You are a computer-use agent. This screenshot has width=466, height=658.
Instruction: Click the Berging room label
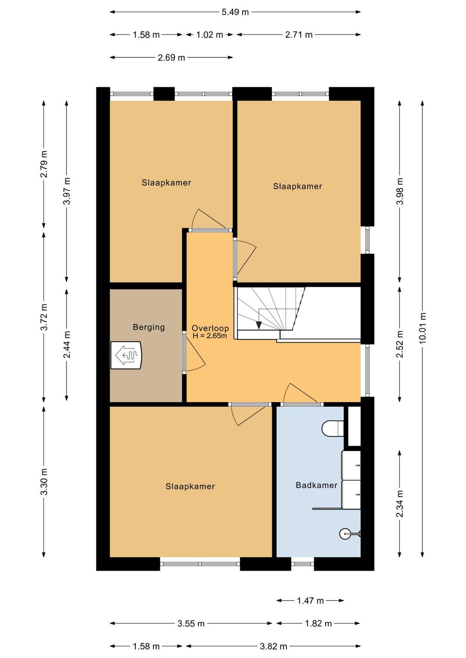(148, 327)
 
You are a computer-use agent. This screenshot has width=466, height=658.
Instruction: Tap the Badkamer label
(316, 485)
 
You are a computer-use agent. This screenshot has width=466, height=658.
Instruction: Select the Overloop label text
(210, 328)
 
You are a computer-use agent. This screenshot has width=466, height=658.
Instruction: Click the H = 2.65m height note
(210, 336)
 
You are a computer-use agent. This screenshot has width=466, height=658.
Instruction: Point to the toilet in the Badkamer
(333, 429)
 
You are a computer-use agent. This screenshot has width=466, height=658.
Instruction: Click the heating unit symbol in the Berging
(126, 355)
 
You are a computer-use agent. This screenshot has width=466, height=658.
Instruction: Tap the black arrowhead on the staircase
(259, 325)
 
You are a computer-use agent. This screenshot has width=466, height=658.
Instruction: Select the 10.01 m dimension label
(422, 328)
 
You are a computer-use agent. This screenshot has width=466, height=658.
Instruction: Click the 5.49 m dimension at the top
(235, 12)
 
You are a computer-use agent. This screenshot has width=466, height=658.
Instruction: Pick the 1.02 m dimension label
(209, 34)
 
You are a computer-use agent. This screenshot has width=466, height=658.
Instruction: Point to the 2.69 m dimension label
(171, 58)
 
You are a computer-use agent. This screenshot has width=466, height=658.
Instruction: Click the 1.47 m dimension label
(310, 601)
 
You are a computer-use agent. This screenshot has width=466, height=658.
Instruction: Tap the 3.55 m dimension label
(191, 624)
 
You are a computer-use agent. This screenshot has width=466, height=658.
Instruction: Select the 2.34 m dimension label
(400, 504)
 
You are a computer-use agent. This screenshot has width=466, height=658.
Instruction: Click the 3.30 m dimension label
(44, 481)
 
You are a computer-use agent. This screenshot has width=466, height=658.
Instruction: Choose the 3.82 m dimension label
(273, 646)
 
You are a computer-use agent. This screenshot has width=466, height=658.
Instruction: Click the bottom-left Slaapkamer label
(190, 486)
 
